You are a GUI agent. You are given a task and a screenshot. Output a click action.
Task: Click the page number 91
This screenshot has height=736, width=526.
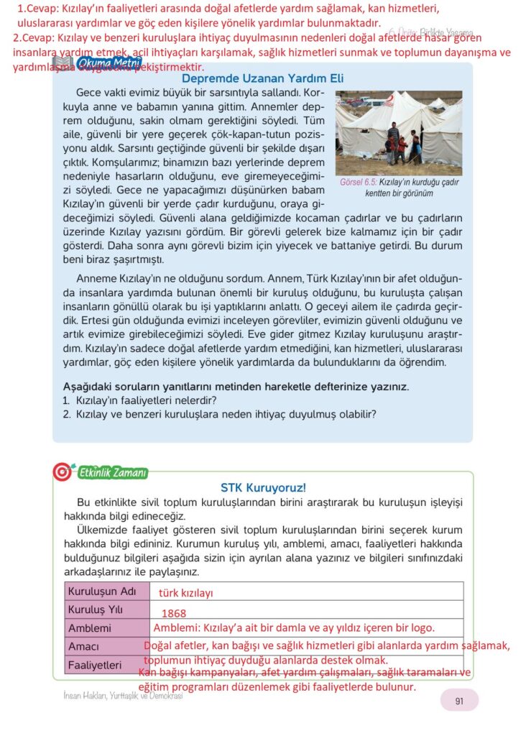458,699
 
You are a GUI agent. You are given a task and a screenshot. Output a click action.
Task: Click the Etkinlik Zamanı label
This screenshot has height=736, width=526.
111,472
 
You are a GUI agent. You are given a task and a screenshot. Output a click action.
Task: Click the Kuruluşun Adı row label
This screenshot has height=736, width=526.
101,592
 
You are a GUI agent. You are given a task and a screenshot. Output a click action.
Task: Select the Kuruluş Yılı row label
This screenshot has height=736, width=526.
96,609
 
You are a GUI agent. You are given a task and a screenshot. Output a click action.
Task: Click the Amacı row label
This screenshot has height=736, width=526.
83,647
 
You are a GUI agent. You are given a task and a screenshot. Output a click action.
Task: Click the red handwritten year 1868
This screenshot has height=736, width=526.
174,614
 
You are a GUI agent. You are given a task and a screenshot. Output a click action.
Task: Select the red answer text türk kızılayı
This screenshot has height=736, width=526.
186,594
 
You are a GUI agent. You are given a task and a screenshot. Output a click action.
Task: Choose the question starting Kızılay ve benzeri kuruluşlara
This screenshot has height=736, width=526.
226,414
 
